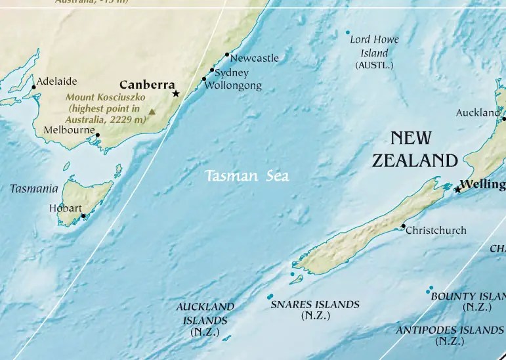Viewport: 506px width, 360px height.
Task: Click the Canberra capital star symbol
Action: pos(176,94)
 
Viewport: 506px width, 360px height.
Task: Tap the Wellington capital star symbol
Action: pos(457,189)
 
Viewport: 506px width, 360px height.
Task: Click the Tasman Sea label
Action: pos(247,176)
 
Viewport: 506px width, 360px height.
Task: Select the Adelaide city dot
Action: pos(33,87)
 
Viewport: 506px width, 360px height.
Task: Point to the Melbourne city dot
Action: pos(98,135)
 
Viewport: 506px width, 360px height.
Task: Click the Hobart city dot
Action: pos(83,215)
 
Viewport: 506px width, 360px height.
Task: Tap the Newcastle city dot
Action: pos(227,55)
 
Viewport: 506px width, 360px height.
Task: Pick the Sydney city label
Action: pos(232,73)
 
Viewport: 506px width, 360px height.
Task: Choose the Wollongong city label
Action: pos(233,85)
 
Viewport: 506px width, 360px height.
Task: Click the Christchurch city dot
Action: pos(403,226)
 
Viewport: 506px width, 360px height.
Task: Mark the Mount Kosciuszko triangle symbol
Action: pos(152,112)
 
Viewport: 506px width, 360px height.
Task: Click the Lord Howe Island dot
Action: pos(348,33)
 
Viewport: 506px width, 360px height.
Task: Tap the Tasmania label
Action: pos(34,189)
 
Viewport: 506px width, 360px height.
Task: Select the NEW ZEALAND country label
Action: pos(414,149)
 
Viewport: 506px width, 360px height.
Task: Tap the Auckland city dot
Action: pos(504,119)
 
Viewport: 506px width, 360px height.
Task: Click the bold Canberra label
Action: pos(146,85)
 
